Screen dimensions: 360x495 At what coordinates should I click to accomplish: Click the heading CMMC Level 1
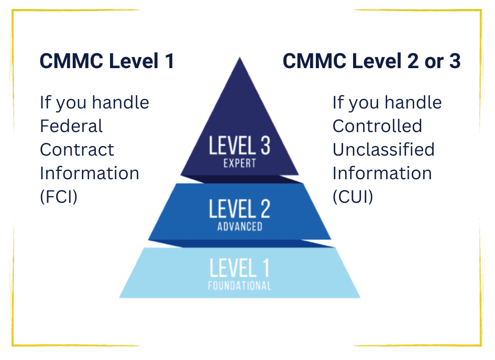[107, 61]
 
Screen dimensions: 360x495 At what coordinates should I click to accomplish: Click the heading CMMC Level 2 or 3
[371, 61]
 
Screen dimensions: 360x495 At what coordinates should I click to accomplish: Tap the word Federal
[71, 126]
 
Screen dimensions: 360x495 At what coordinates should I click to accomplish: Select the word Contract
[77, 149]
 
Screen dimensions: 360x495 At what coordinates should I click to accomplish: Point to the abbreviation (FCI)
[59, 197]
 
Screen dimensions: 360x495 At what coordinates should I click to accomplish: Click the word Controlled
[377, 126]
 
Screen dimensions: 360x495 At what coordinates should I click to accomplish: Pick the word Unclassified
[383, 149]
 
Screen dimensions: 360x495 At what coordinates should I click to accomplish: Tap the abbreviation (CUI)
[353, 197]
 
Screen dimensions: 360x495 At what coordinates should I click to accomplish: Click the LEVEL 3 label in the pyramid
[239, 145]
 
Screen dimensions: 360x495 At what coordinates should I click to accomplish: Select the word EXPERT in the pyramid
[239, 163]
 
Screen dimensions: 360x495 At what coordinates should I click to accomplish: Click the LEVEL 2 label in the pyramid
[239, 209]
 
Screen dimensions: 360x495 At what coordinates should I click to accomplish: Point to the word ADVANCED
[239, 227]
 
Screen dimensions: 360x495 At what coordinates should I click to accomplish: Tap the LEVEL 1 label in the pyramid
[239, 268]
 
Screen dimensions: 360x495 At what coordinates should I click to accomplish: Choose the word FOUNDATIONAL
[239, 286]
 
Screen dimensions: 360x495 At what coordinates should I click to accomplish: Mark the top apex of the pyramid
[240, 58]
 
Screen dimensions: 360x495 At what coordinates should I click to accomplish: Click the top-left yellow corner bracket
[16, 13]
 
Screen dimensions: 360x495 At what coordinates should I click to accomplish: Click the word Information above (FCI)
[90, 173]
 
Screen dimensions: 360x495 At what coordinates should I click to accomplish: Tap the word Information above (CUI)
[382, 173]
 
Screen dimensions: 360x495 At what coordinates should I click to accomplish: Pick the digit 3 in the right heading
[454, 61]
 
